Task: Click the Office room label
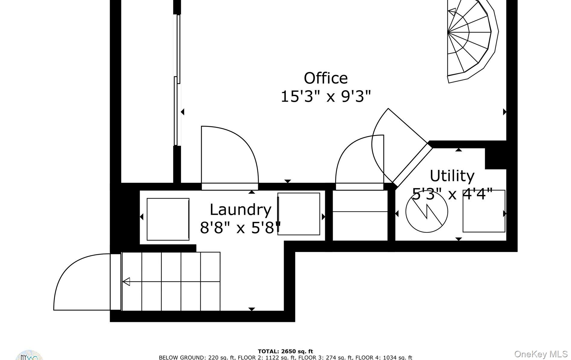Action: click(x=326, y=79)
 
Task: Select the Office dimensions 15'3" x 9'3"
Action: click(x=326, y=97)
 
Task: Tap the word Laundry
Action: click(x=240, y=210)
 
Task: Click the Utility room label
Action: click(x=452, y=176)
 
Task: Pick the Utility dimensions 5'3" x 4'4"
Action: click(x=452, y=194)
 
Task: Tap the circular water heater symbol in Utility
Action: click(x=426, y=211)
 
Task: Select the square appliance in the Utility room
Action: click(x=484, y=211)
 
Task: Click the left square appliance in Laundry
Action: click(x=168, y=219)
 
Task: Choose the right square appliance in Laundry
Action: click(x=299, y=214)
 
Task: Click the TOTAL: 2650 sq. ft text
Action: click(x=285, y=351)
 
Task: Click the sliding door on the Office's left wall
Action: click(x=177, y=81)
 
